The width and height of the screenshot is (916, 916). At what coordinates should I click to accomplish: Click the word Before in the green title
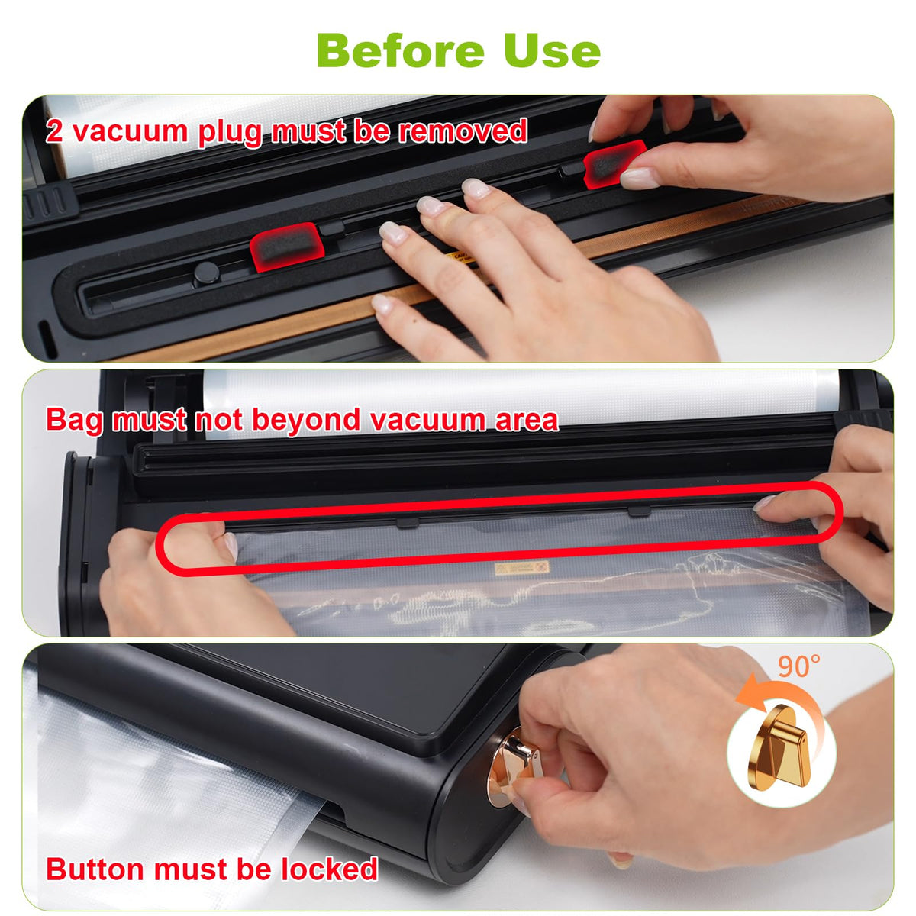[x=400, y=51]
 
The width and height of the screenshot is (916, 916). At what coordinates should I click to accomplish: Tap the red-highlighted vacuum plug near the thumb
[x=614, y=163]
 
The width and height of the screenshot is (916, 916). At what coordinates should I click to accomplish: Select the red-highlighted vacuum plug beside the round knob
[x=287, y=247]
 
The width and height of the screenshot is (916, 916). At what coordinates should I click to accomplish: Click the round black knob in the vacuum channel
[x=206, y=273]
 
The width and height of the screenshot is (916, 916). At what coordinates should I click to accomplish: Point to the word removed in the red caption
[x=463, y=131]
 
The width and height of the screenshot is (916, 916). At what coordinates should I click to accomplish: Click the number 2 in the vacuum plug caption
[x=53, y=131]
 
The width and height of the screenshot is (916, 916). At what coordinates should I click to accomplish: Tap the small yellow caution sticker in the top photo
[x=459, y=258]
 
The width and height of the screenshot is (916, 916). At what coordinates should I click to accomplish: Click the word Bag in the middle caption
[x=74, y=421]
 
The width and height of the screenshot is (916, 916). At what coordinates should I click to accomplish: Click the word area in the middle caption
[x=526, y=421]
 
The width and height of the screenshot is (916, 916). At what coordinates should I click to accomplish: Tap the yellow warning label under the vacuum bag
[x=521, y=568]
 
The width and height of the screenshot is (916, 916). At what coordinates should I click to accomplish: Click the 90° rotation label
[x=798, y=666]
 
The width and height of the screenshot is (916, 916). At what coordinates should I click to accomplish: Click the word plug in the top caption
[x=231, y=133]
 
